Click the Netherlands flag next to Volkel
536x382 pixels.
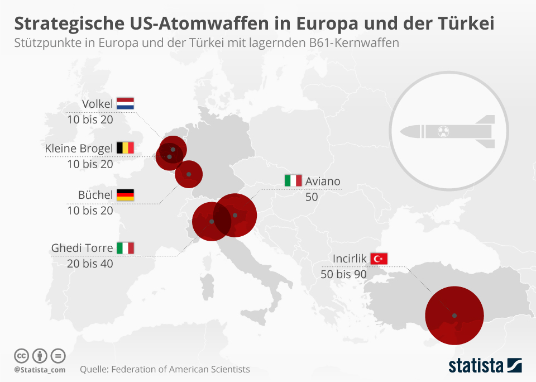tap(125, 103)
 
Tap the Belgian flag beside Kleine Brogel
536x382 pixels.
tap(125, 148)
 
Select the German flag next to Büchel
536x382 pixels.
tap(125, 195)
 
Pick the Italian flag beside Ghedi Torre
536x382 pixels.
tap(125, 248)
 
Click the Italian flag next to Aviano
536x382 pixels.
tap(293, 181)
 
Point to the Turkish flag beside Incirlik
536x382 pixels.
tap(379, 258)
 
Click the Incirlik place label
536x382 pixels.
tap(349, 259)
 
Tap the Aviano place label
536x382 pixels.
tap(323, 181)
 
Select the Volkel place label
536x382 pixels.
tap(97, 104)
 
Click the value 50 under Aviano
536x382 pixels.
tap(312, 197)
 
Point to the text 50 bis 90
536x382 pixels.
tap(343, 274)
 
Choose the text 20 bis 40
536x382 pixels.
tap(90, 264)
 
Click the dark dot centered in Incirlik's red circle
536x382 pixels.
tap(454, 316)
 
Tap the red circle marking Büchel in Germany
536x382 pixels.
tap(189, 174)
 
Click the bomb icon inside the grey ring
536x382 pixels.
tap(447, 132)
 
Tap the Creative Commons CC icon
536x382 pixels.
tap(21, 356)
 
